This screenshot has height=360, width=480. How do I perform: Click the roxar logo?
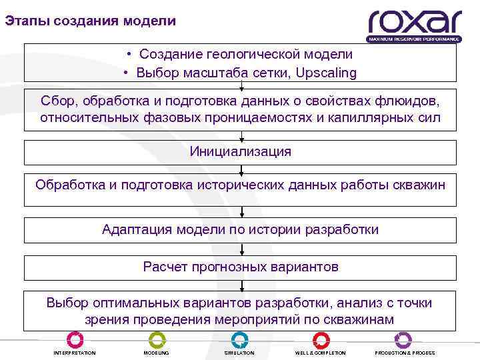pos(414,25)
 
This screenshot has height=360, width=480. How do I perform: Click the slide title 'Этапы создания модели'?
pos(91,21)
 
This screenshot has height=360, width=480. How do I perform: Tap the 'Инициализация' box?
pos(241,151)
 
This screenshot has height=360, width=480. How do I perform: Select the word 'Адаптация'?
pos(137,229)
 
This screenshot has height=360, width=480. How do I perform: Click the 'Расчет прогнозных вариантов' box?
pos(241,267)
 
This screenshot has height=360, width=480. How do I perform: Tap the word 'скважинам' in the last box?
pos(360,319)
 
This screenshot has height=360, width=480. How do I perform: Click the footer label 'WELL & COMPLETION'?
pos(321,353)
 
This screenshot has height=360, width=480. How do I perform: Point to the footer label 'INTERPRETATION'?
pos(75,353)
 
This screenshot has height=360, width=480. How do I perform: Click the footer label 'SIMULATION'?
pos(239,353)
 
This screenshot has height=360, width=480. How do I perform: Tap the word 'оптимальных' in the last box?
pos(135,303)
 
